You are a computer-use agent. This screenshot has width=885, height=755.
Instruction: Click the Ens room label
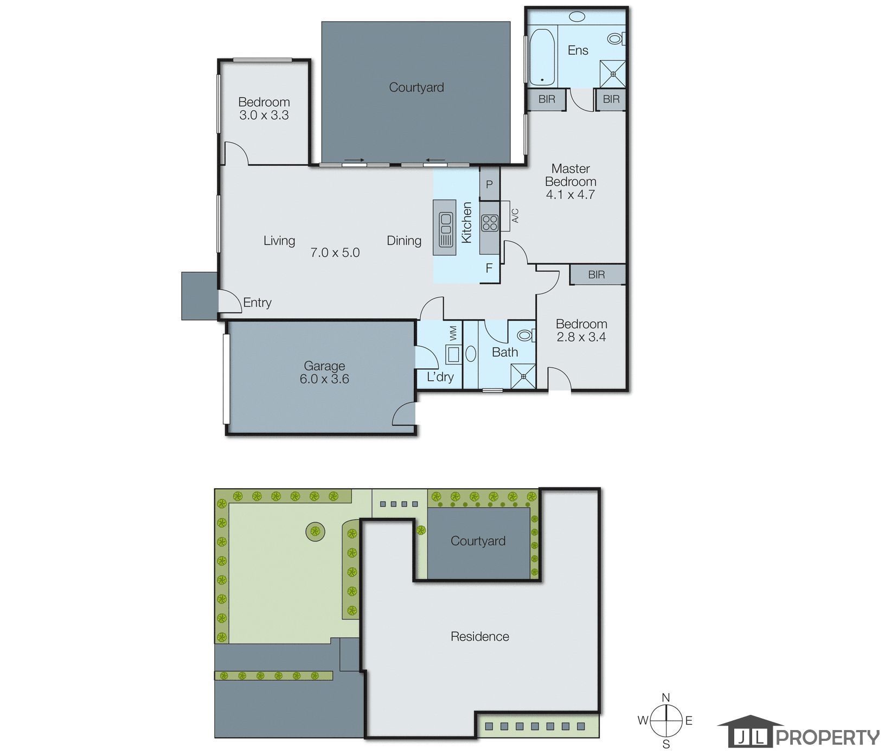pos(578,50)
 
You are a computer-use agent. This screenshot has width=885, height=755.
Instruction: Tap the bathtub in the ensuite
pos(542,57)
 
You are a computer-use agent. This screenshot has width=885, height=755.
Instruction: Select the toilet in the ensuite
pos(617,39)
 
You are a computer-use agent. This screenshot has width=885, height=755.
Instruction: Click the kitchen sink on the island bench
pos(445,228)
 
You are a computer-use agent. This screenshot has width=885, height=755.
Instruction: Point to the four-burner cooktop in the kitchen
pos(489,223)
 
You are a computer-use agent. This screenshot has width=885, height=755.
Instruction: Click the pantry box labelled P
pos(489,184)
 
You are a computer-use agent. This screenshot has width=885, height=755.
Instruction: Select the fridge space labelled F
pos(489,268)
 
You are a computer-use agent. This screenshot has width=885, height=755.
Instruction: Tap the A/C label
pos(516,216)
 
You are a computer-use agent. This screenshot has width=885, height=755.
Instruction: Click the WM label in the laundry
pos(453,333)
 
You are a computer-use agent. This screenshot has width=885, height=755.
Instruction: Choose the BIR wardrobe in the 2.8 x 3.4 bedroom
pos(597,274)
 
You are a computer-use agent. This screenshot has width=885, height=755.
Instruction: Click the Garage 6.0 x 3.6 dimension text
pos(324,379)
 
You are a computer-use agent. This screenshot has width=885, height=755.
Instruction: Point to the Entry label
pos(257,303)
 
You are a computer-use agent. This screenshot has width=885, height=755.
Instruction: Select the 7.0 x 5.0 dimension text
pos(335,253)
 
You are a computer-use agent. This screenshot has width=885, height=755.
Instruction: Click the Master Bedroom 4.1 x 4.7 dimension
pos(570,195)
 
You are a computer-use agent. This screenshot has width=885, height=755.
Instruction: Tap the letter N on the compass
pos(666,698)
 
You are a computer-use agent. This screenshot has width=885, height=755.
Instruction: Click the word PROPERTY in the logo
pos(828,738)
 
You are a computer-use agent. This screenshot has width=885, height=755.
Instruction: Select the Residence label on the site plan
pos(480,636)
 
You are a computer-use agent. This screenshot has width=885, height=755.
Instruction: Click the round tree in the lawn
pos(315,531)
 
